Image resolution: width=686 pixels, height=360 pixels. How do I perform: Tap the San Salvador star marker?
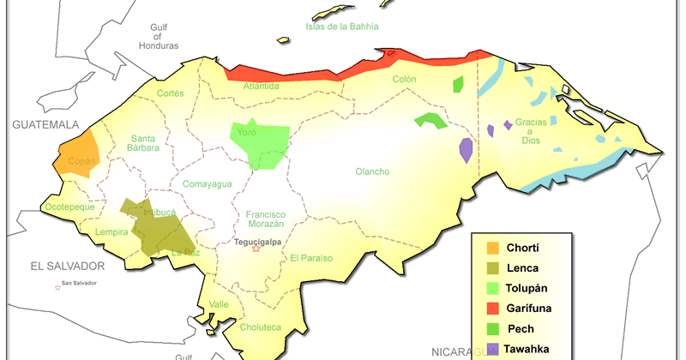(58, 286)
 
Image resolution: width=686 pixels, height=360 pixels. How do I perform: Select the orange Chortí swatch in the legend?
(493, 249)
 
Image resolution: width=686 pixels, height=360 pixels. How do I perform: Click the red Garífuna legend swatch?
(493, 307)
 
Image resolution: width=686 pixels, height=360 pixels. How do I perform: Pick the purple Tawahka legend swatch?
(493, 347)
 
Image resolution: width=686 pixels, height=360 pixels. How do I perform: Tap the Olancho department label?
(372, 171)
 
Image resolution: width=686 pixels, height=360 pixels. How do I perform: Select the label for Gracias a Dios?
(530, 135)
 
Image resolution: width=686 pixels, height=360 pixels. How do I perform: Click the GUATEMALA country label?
(45, 124)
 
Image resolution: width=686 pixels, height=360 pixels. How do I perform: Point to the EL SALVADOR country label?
(67, 266)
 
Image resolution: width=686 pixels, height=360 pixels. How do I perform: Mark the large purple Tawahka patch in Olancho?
(466, 151)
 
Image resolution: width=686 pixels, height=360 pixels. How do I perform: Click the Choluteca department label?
(260, 327)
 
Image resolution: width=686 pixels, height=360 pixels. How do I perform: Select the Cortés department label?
(171, 93)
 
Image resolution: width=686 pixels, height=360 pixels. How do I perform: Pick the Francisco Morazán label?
(264, 219)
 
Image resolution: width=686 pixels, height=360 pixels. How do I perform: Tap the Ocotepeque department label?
(69, 207)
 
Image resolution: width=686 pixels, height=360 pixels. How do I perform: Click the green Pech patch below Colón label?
(431, 120)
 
